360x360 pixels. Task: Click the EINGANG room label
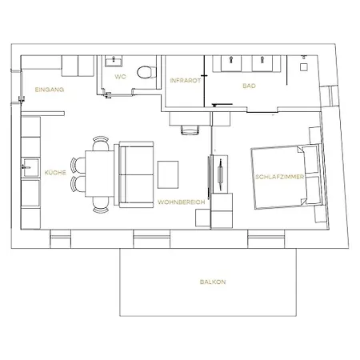pyautogui.click(x=50, y=90)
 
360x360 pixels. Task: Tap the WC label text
pyautogui.click(x=120, y=77)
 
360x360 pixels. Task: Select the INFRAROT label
pyautogui.click(x=186, y=80)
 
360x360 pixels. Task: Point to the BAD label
pyautogui.click(x=249, y=86)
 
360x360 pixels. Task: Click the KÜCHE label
pyautogui.click(x=55, y=173)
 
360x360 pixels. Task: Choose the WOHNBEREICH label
pyautogui.click(x=182, y=202)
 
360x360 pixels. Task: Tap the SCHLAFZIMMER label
pyautogui.click(x=279, y=177)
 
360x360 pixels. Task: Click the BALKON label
pyautogui.click(x=213, y=282)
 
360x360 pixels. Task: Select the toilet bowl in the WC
pyautogui.click(x=146, y=72)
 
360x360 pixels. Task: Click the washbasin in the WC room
pyautogui.click(x=114, y=61)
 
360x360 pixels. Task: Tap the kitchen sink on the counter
pyautogui.click(x=30, y=168)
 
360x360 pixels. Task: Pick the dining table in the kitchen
pyautogui.click(x=99, y=174)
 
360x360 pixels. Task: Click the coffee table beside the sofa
pyautogui.click(x=168, y=174)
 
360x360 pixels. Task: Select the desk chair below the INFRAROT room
pyautogui.click(x=190, y=130)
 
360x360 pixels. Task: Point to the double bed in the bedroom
pyautogui.click(x=286, y=176)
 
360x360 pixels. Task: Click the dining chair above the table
pyautogui.click(x=101, y=143)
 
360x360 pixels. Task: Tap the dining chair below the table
pyautogui.click(x=101, y=205)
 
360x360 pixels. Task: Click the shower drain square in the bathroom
pyautogui.click(x=304, y=67)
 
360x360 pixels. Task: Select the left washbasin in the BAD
pyautogui.click(x=231, y=63)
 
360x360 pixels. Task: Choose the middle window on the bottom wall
pyautogui.click(x=151, y=239)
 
